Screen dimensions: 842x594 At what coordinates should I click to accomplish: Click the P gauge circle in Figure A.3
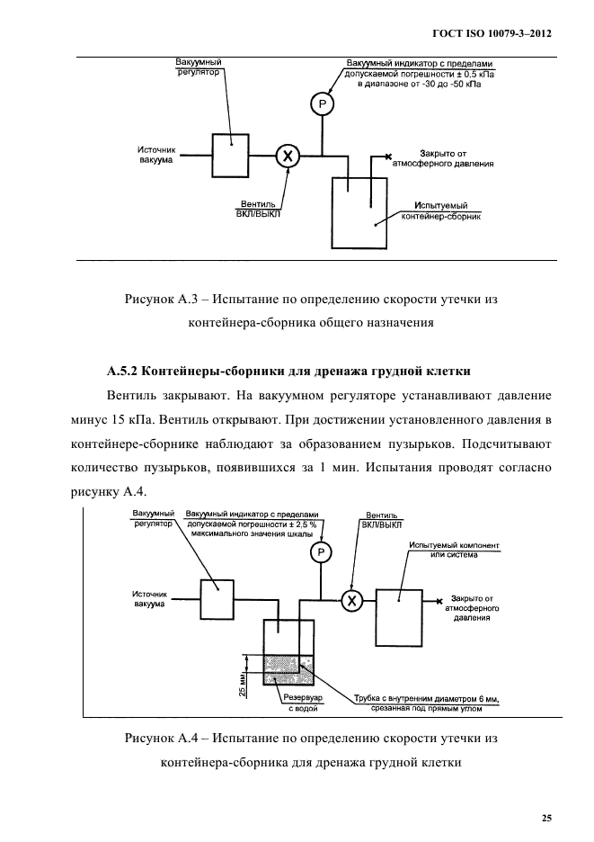321,105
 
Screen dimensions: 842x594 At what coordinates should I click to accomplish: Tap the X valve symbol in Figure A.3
288,156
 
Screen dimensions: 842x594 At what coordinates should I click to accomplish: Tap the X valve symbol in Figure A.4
353,600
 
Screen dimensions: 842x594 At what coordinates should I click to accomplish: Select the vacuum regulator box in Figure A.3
229,155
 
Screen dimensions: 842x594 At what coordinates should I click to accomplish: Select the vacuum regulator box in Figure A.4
217,597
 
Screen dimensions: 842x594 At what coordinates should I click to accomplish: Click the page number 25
546,818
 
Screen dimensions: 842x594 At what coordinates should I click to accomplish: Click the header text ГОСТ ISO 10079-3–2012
492,33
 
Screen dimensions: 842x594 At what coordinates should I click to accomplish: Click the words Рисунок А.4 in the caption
160,739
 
